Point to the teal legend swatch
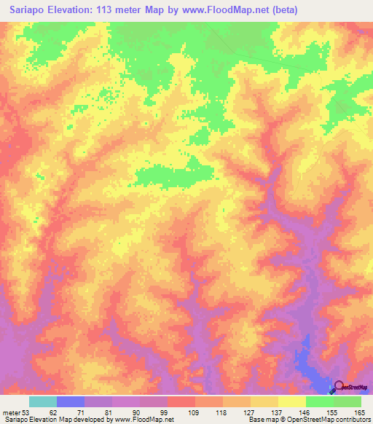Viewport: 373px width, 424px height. pos(43,401)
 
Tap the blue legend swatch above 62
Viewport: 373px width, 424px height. pos(71,401)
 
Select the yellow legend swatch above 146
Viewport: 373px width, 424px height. pos(292,401)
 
